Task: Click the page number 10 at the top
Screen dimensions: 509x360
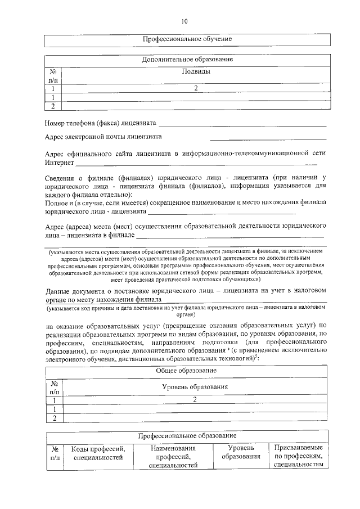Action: point(183,22)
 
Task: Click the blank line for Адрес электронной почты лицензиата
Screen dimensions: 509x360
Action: point(268,138)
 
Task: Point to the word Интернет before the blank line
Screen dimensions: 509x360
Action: point(59,163)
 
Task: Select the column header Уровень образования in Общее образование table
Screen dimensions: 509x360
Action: point(195,387)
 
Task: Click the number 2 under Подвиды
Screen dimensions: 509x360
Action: point(196,88)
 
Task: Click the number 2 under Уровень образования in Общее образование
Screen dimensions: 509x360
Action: point(195,399)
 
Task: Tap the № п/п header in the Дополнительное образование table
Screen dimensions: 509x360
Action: point(53,76)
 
